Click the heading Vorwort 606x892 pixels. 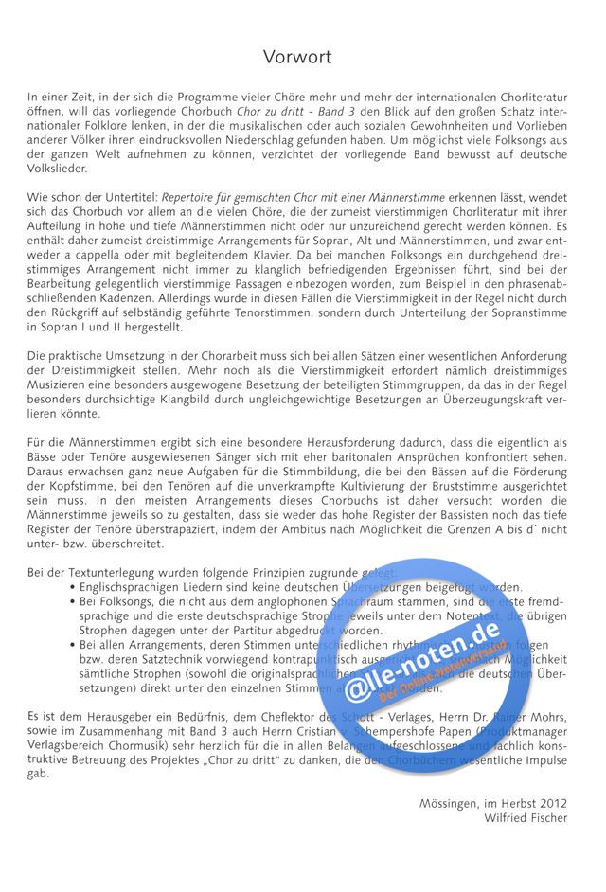[297, 58]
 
